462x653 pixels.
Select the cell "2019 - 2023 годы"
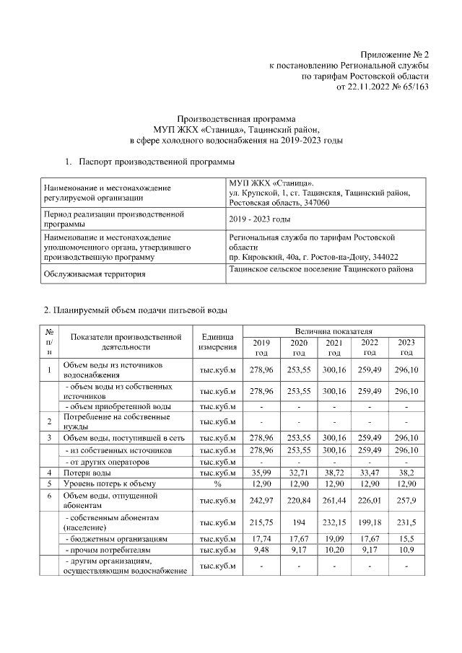tap(259, 219)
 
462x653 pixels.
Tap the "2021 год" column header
tap(334, 348)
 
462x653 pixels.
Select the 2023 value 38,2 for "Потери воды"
tap(406, 473)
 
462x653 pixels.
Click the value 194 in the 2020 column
tap(297, 522)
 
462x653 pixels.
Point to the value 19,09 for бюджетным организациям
tap(334, 538)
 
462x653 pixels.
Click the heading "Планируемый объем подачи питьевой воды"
tap(136, 310)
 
